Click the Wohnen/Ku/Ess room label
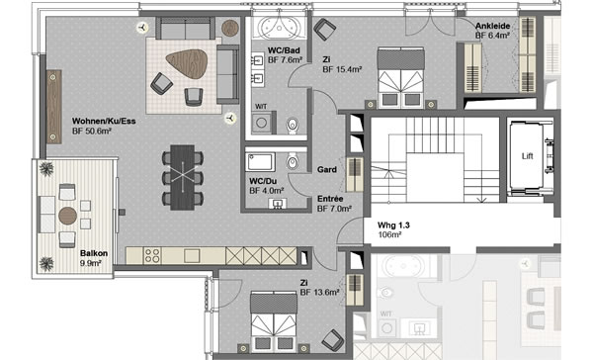(x=104, y=122)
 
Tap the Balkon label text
(x=94, y=253)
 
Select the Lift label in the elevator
(x=527, y=156)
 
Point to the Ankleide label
(x=493, y=26)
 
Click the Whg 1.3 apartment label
(x=393, y=225)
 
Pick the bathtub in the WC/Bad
(x=280, y=27)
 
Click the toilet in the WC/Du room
(x=293, y=161)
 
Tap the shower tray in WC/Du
(x=261, y=162)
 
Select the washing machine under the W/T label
(x=262, y=123)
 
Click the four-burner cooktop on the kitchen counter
(x=152, y=256)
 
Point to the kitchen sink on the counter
(x=192, y=256)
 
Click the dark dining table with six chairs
(x=183, y=178)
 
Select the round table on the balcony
(x=68, y=216)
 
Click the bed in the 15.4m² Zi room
(x=401, y=77)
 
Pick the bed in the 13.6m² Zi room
(x=274, y=321)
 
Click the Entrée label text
(x=330, y=199)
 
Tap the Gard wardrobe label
(x=327, y=170)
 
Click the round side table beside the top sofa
(x=230, y=28)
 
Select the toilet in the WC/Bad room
(x=293, y=126)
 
